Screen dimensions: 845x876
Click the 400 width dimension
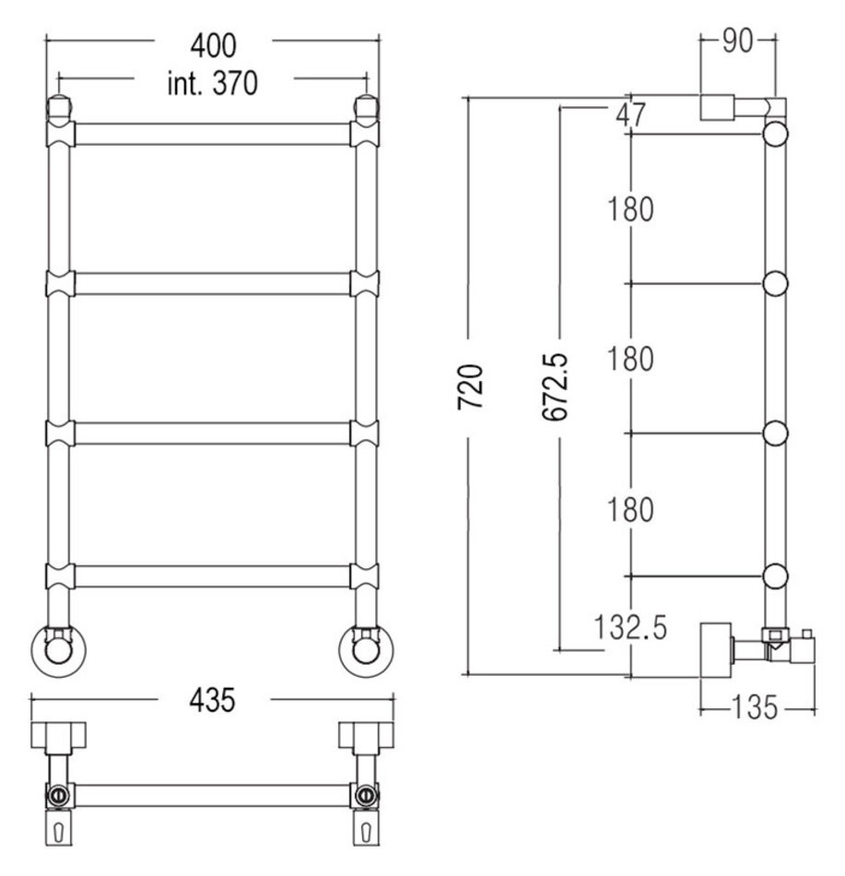click(213, 46)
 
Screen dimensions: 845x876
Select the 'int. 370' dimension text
click(213, 84)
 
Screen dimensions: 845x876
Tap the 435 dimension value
click(212, 701)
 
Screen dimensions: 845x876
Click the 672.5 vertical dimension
click(555, 386)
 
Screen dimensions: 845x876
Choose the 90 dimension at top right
click(737, 41)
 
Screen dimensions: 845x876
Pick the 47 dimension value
click(630, 115)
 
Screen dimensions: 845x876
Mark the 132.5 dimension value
click(630, 627)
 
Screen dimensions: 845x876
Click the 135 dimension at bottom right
click(754, 707)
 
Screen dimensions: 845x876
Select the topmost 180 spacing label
click(630, 209)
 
